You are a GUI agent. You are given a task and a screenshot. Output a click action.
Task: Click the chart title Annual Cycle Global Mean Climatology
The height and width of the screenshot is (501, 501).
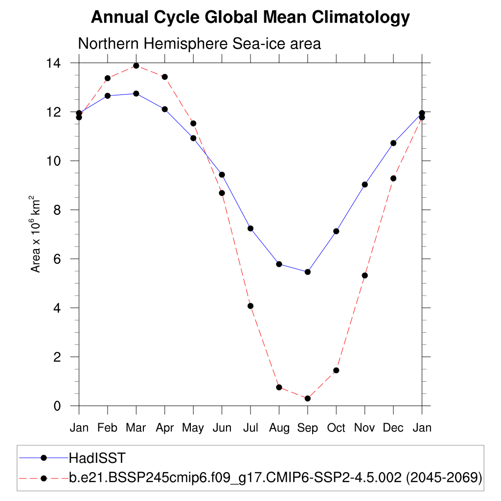pos(250,18)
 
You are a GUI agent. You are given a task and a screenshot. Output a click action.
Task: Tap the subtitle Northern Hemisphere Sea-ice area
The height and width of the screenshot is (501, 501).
pos(199,44)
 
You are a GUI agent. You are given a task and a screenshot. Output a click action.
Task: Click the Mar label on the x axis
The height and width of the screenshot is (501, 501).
pos(136,428)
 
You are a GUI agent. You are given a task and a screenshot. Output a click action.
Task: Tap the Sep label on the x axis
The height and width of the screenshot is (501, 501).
pos(307,428)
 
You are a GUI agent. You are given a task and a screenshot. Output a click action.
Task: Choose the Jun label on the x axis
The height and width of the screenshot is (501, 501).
pos(222,428)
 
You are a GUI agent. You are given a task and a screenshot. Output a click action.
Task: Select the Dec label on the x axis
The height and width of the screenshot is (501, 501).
pos(393,428)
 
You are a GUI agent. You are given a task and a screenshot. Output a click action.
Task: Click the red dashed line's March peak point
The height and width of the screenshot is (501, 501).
pos(136,66)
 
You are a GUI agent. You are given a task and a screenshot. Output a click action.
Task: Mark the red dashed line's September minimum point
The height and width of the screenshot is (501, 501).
pos(307,399)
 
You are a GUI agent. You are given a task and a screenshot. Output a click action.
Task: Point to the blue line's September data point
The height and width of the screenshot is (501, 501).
pos(307,272)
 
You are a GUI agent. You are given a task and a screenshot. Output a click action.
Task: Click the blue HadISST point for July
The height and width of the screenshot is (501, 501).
pos(250,228)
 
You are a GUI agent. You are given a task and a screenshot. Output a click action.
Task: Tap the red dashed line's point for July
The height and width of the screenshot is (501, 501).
pos(250,306)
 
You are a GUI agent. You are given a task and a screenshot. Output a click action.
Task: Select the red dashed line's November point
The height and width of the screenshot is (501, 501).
pos(364,275)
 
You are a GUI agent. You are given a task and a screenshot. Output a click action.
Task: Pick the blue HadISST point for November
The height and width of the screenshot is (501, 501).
pos(364,184)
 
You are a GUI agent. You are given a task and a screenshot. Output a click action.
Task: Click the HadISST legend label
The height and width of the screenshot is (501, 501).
pos(97,458)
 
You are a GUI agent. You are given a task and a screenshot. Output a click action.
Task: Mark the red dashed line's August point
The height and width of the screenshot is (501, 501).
pos(279,387)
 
